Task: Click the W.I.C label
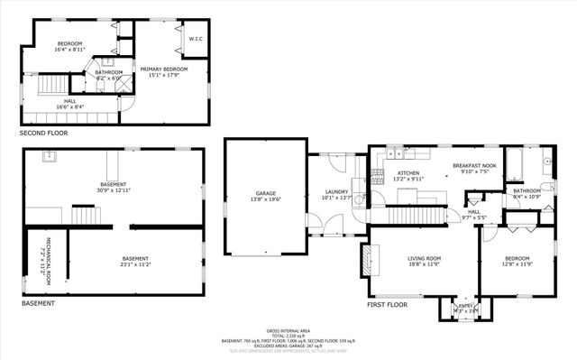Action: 196,39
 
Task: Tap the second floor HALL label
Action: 69,101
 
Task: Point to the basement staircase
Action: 83,216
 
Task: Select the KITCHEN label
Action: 408,173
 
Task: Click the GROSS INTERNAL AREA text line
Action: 289,330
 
